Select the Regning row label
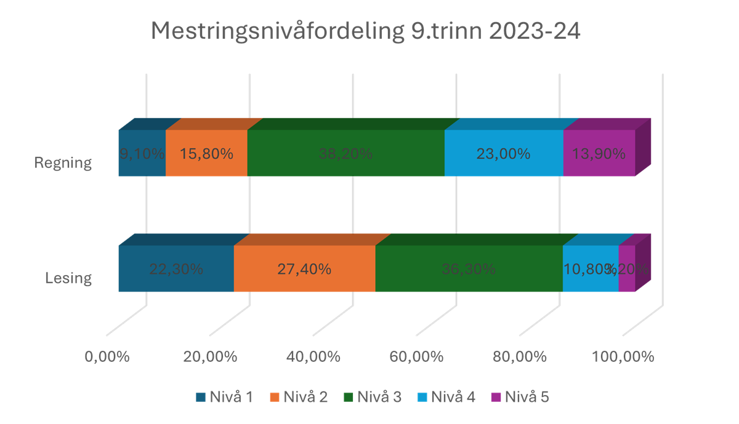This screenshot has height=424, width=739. [x=63, y=163]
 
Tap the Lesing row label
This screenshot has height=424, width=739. [x=68, y=278]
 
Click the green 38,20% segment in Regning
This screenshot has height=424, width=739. [x=345, y=154]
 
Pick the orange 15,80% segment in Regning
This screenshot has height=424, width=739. [x=206, y=154]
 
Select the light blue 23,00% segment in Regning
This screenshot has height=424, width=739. [x=503, y=154]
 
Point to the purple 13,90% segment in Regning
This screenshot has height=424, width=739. [x=599, y=154]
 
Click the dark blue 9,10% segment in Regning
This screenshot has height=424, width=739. [x=142, y=154]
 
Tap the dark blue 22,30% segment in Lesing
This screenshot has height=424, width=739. [x=176, y=269]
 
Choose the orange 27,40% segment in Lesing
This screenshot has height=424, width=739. [x=304, y=269]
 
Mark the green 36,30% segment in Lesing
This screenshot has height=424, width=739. [x=468, y=269]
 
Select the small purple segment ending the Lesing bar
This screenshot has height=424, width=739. [x=626, y=269]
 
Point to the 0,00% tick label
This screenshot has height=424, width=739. [x=107, y=357]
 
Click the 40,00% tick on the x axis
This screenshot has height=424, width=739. [x=314, y=357]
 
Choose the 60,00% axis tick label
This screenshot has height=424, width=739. [x=417, y=357]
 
